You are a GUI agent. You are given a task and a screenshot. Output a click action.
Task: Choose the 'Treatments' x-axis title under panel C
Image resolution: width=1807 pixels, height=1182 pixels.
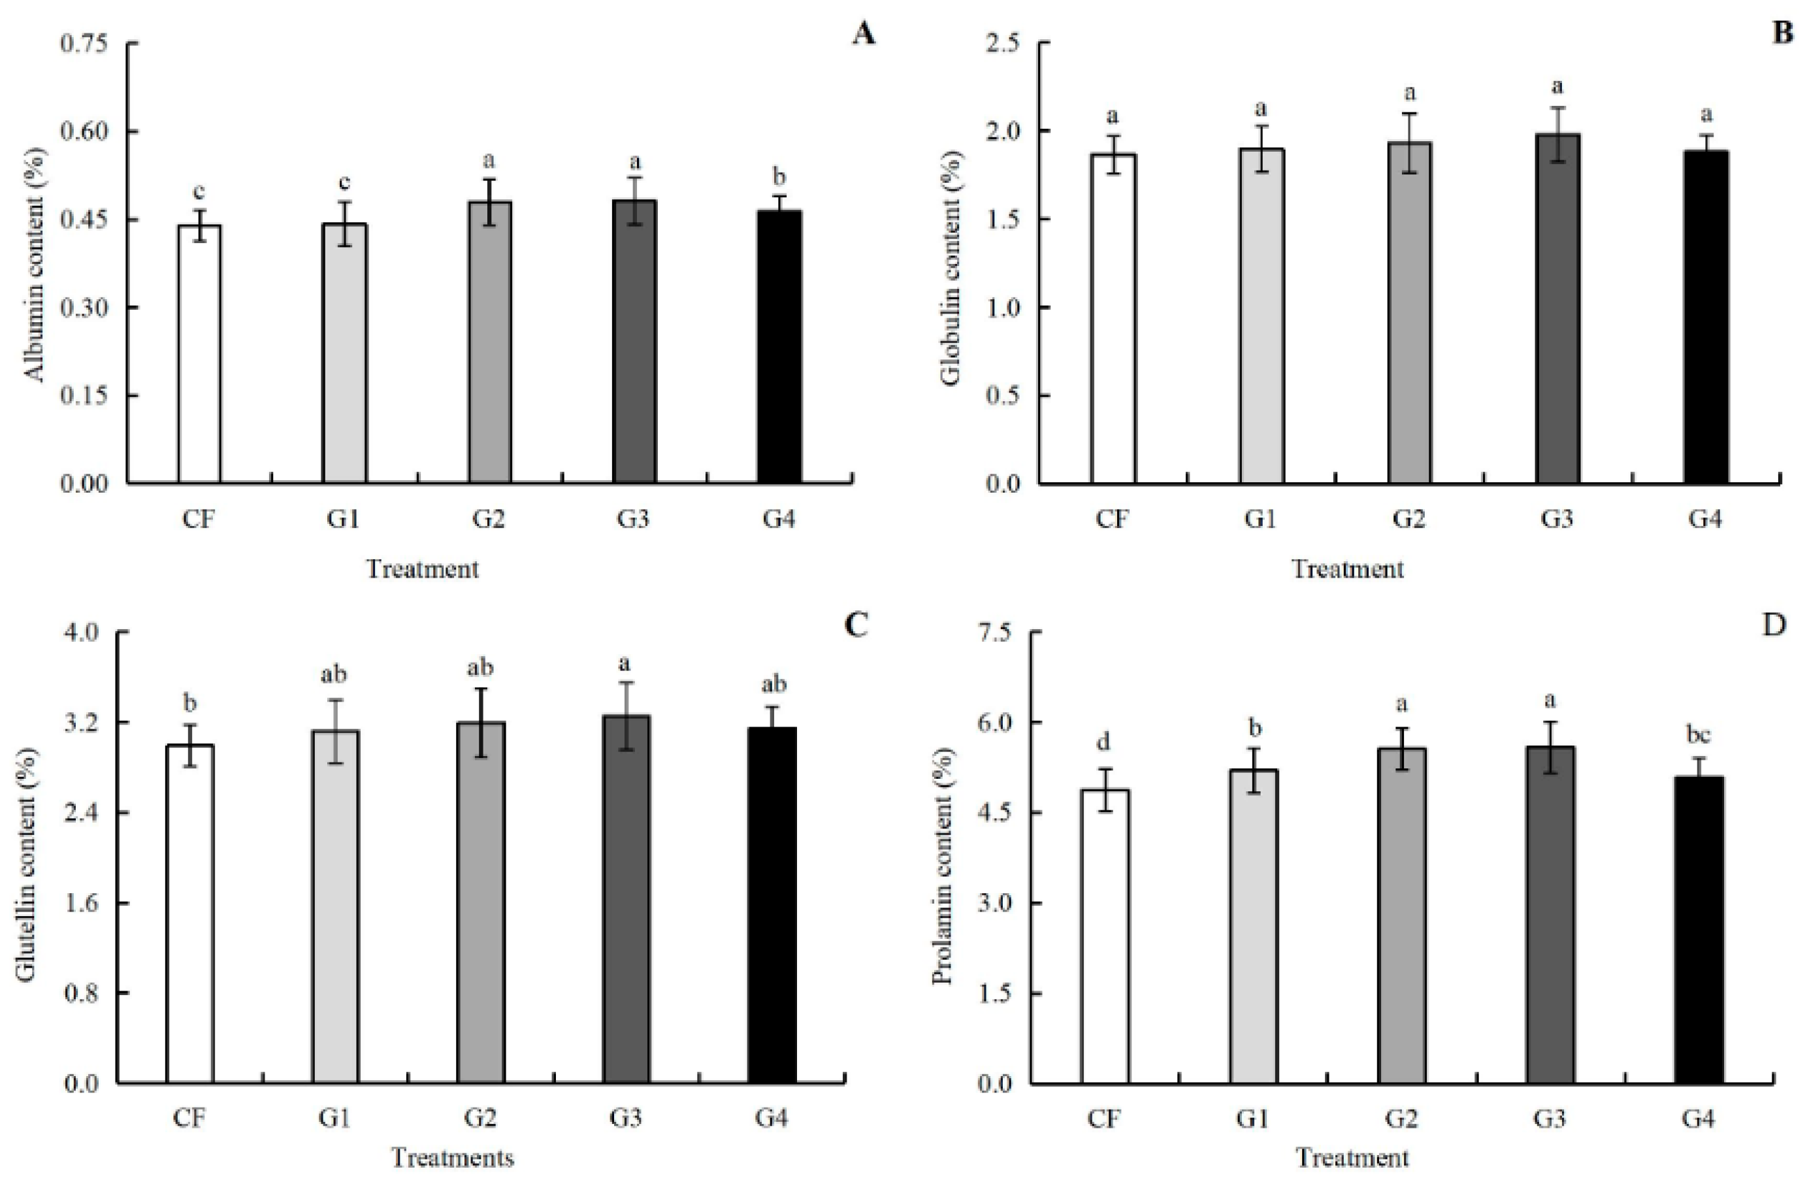click(453, 1158)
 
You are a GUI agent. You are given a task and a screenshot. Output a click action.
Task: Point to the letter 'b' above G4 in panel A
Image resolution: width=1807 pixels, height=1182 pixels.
click(779, 177)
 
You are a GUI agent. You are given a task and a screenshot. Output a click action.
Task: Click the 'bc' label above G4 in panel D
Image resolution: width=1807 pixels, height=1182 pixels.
click(1699, 735)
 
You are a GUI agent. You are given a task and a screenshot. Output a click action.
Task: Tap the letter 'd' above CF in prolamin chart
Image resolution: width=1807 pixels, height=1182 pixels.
click(1105, 742)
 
